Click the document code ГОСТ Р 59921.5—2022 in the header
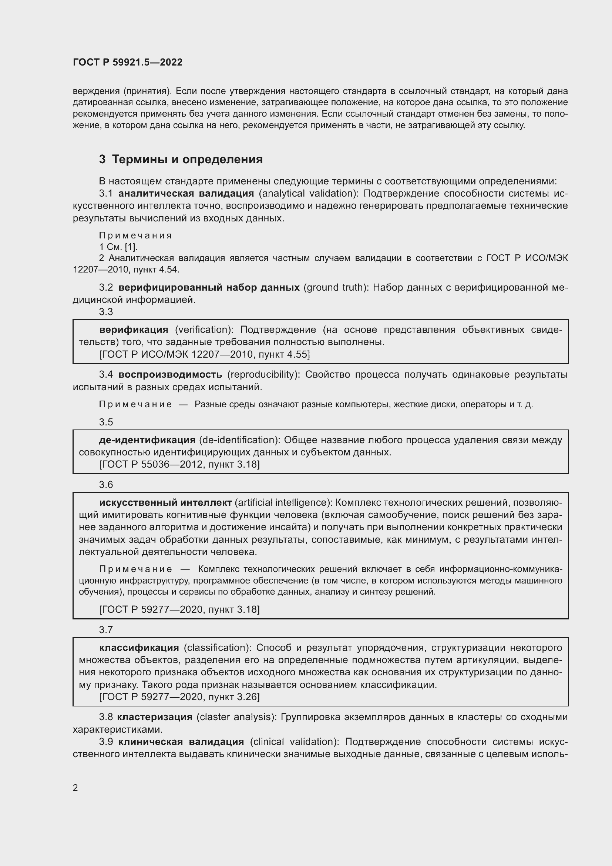click(x=127, y=62)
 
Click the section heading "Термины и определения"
click(x=187, y=159)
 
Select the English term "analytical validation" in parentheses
click(x=309, y=194)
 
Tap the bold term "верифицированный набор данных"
click(x=209, y=287)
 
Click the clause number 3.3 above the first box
click(x=106, y=311)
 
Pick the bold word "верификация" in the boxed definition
click(x=134, y=330)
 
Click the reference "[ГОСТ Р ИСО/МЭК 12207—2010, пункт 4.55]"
click(x=204, y=354)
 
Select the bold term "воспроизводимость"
click(x=170, y=375)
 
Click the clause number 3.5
click(x=106, y=422)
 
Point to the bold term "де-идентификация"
click(x=147, y=440)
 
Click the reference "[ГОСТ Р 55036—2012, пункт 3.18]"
click(x=179, y=464)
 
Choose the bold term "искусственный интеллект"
click(x=165, y=502)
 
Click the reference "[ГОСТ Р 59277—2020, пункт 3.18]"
click(x=179, y=609)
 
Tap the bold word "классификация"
click(x=139, y=648)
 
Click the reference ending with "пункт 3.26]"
click(x=179, y=697)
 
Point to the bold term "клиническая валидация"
click(x=181, y=742)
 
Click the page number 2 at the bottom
click(x=75, y=788)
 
